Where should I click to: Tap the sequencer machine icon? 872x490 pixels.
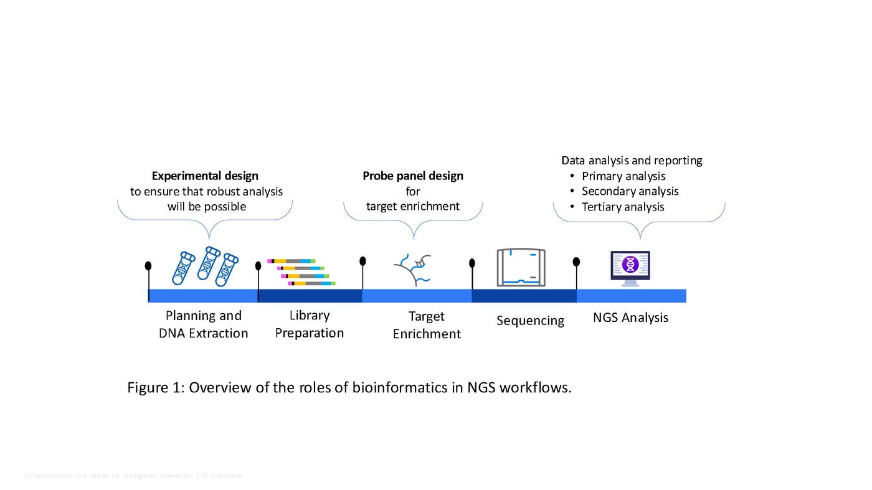click(x=521, y=268)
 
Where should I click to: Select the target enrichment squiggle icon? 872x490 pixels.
click(x=413, y=269)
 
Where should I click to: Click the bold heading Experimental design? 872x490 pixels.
click(x=205, y=176)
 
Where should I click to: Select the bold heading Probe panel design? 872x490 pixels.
click(x=413, y=176)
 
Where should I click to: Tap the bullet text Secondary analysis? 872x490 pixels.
click(x=630, y=192)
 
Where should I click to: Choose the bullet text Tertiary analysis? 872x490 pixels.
click(x=623, y=207)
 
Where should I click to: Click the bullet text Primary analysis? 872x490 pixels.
click(x=623, y=176)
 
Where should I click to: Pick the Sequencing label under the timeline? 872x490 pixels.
click(x=530, y=321)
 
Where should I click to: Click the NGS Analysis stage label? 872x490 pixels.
click(x=630, y=318)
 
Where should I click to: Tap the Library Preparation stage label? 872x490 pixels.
click(x=310, y=324)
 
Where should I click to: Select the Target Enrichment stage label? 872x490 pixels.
click(x=427, y=325)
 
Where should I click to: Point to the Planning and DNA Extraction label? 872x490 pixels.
click(x=204, y=324)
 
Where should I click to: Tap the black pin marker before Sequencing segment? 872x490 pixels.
click(x=472, y=264)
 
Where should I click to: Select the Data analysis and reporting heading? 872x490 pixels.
click(x=632, y=161)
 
